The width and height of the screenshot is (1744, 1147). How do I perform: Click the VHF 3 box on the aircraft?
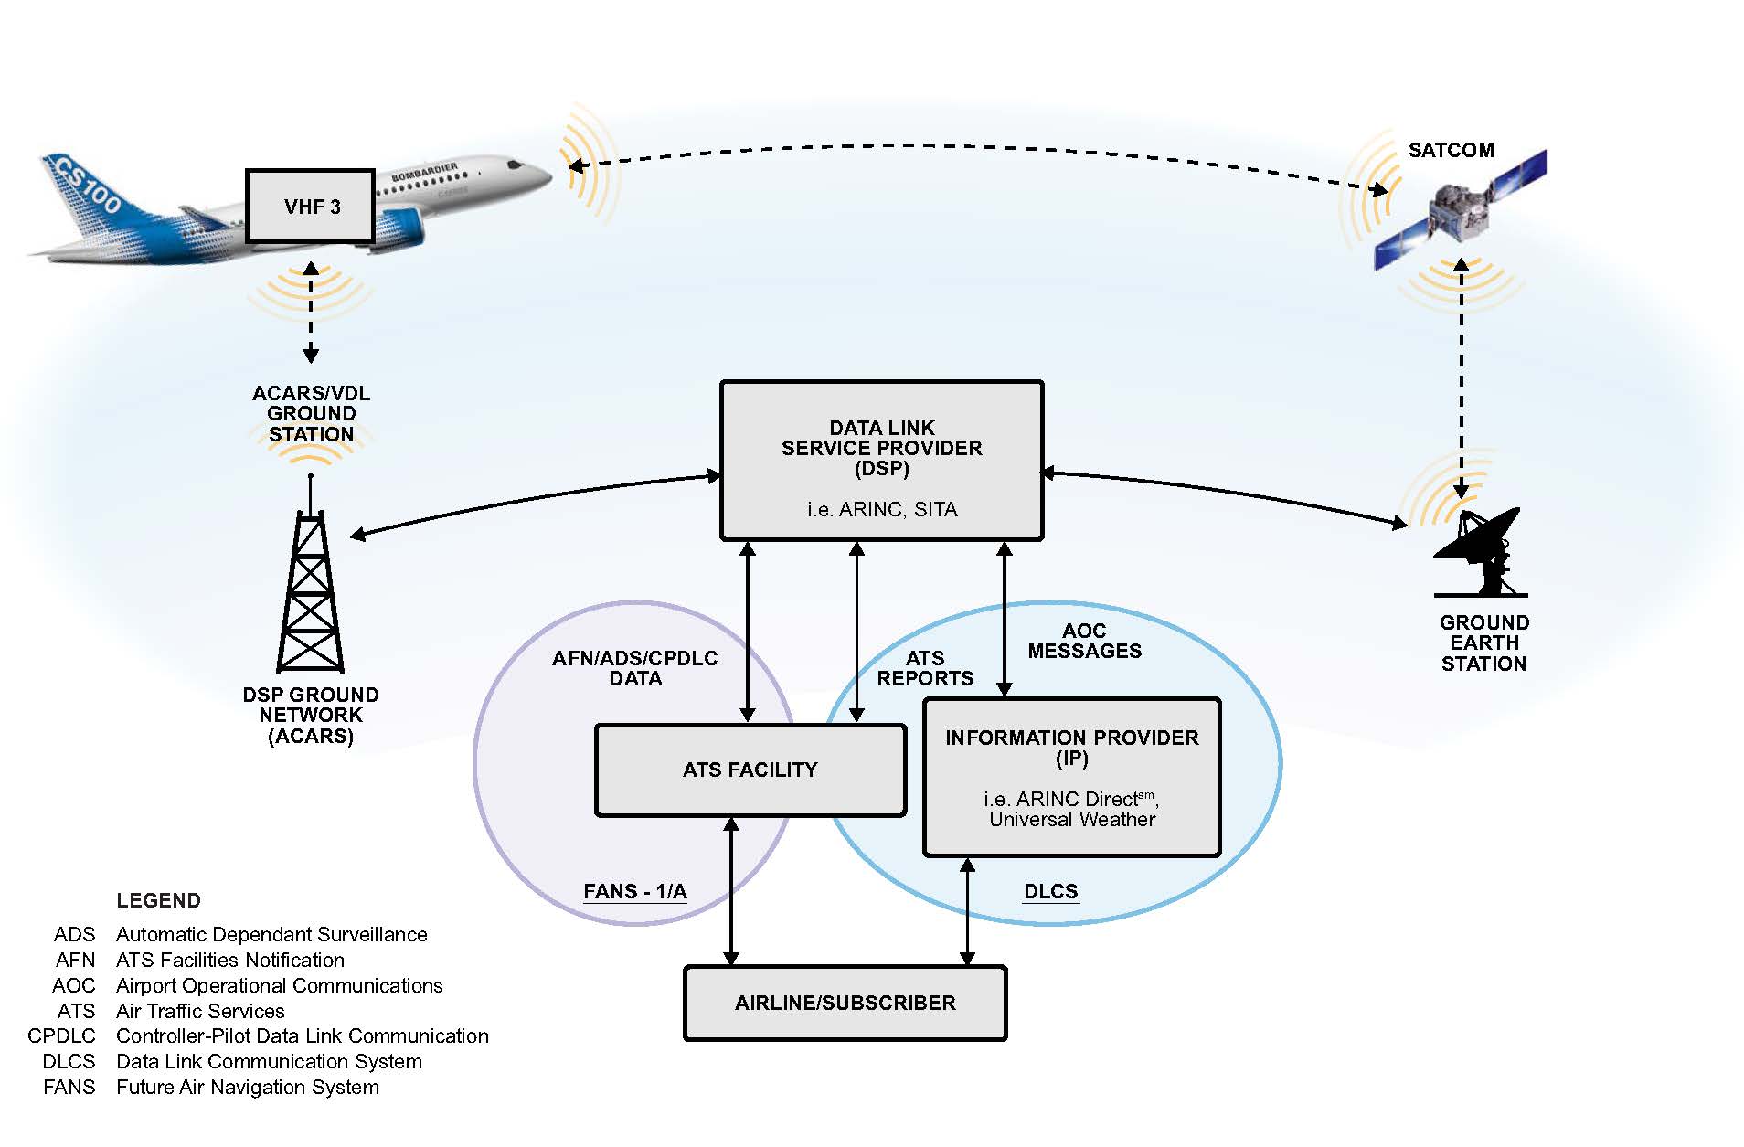tap(311, 207)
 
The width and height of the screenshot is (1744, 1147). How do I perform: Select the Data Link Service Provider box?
tap(881, 461)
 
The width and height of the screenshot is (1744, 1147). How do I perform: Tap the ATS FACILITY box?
tap(750, 770)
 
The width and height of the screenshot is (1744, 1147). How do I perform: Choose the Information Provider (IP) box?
tap(1071, 777)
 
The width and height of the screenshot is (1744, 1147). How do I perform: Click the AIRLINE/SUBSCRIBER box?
tap(845, 1003)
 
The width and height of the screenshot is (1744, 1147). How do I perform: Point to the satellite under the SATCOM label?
tap(1461, 212)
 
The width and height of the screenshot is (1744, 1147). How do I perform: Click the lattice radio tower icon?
tap(311, 589)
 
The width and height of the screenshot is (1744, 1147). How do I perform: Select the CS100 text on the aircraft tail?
tap(87, 186)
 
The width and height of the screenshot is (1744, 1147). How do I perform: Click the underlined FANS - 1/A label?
tap(634, 891)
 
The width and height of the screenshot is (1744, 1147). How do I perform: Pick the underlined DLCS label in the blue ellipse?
tap(1050, 891)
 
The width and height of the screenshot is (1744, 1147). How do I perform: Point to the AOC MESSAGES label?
tap(1084, 641)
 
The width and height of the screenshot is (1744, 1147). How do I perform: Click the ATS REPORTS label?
tap(924, 668)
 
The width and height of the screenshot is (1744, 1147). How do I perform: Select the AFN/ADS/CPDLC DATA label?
tap(634, 668)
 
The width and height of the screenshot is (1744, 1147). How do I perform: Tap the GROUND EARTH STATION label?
tap(1483, 643)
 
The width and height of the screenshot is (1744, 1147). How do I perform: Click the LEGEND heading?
tap(158, 900)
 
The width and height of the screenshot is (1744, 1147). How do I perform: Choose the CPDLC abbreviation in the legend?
tap(61, 1035)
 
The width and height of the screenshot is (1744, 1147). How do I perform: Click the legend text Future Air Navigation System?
tap(247, 1087)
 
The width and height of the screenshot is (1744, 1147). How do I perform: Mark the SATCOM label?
tap(1451, 150)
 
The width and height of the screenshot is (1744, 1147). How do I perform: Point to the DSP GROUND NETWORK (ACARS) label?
tap(310, 715)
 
